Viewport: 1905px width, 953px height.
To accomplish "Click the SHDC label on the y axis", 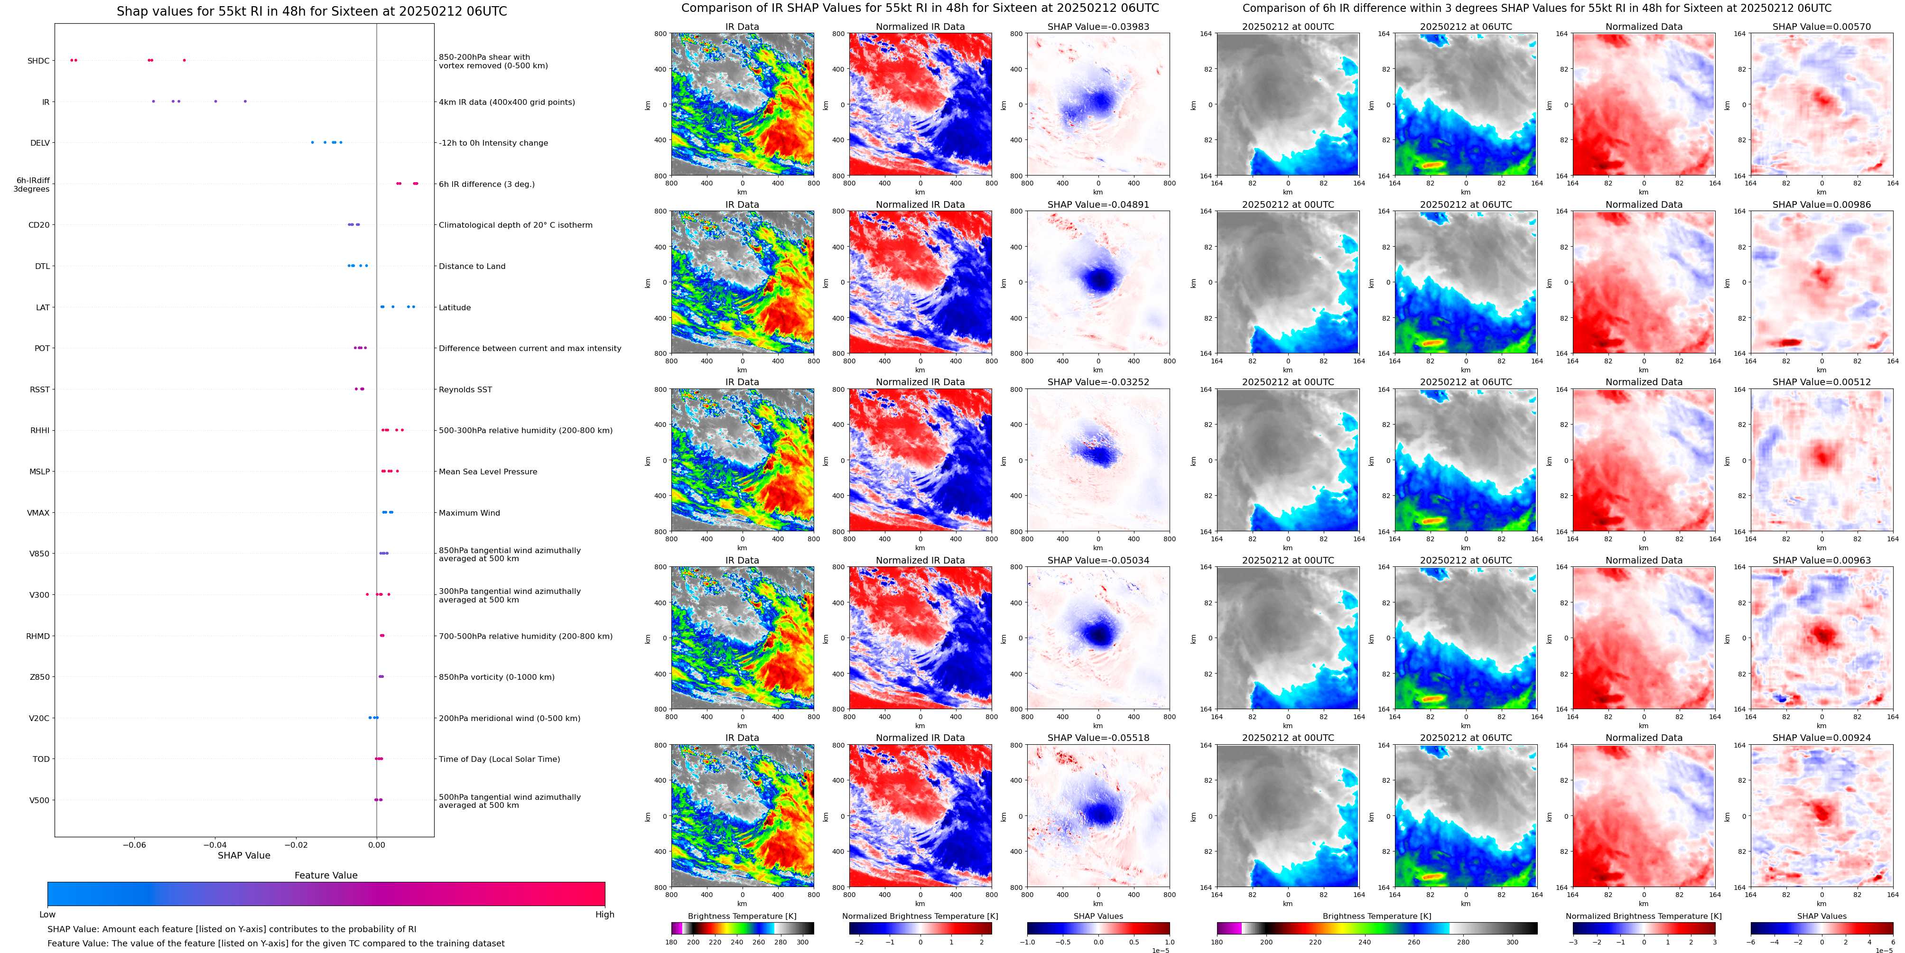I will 38,61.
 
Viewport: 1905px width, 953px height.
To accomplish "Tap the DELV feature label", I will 40,143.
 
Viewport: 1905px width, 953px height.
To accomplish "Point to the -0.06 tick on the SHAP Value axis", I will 134,844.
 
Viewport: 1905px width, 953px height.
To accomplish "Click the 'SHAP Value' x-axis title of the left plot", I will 243,855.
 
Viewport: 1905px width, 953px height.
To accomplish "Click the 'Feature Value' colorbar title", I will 325,875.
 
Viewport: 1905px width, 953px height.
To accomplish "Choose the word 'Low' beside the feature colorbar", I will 47,915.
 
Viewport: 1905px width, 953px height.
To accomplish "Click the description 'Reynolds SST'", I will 465,389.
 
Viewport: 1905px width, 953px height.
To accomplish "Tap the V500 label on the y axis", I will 39,800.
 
